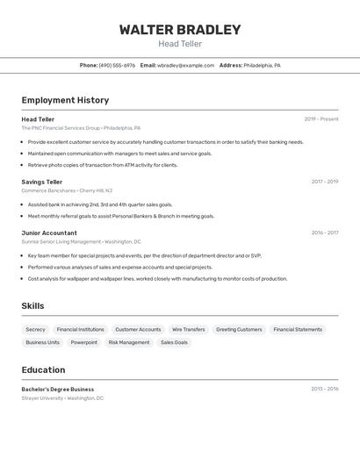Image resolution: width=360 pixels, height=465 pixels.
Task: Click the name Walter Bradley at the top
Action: click(180, 30)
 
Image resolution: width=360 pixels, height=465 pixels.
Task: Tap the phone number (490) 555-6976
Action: click(117, 65)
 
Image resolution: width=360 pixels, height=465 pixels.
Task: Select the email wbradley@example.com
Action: click(185, 65)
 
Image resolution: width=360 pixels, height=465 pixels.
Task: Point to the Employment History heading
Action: click(65, 100)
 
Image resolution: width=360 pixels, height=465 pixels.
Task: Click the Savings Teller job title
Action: click(42, 182)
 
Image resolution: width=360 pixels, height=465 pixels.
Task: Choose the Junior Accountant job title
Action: click(49, 232)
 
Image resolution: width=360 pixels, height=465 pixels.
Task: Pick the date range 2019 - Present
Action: click(321, 119)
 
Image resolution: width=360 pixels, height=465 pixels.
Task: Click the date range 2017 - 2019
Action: click(325, 182)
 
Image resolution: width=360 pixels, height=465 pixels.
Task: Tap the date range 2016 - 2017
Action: click(325, 232)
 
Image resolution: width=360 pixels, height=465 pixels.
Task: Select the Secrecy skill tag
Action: click(36, 329)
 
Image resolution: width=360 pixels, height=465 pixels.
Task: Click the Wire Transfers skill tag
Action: click(188, 329)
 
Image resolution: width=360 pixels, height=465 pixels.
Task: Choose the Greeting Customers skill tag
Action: click(239, 329)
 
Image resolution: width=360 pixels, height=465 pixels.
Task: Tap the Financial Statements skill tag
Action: click(298, 329)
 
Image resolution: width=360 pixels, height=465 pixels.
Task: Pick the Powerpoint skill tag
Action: click(84, 342)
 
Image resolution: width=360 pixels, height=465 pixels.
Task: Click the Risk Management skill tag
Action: click(129, 342)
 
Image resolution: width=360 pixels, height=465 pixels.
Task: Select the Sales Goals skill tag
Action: click(174, 342)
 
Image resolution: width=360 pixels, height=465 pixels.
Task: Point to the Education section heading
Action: click(43, 369)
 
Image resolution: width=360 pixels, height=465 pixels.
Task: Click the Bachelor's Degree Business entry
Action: click(58, 389)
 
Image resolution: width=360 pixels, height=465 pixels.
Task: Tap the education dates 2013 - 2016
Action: click(325, 389)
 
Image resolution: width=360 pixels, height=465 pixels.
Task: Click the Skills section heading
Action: click(32, 305)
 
